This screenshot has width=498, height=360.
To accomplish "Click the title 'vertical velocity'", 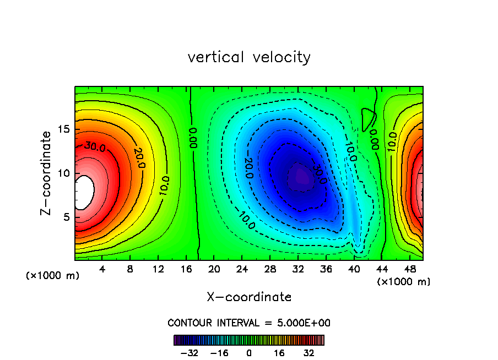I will [x=249, y=57].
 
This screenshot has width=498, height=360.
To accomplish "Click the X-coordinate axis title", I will [x=249, y=297].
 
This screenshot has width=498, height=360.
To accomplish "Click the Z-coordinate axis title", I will [x=47, y=173].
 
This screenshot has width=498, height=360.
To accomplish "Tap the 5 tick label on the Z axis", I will [x=65, y=217].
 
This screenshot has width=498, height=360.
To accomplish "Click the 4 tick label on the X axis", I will [x=102, y=269].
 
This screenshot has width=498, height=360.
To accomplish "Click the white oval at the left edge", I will [x=84, y=192].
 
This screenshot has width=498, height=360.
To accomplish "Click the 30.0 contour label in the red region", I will [x=94, y=146].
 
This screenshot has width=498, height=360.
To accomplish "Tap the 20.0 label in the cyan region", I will [x=248, y=167].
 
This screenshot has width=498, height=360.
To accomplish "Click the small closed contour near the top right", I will [x=369, y=118].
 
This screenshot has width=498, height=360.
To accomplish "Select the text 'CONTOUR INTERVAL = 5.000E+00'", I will [x=249, y=323].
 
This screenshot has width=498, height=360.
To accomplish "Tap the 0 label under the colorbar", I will [x=249, y=353].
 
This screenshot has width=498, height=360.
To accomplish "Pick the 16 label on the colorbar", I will [x=279, y=353].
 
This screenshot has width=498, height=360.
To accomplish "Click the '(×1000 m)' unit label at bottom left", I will [x=53, y=275].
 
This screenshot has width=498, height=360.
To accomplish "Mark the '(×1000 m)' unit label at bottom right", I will [x=403, y=281].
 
